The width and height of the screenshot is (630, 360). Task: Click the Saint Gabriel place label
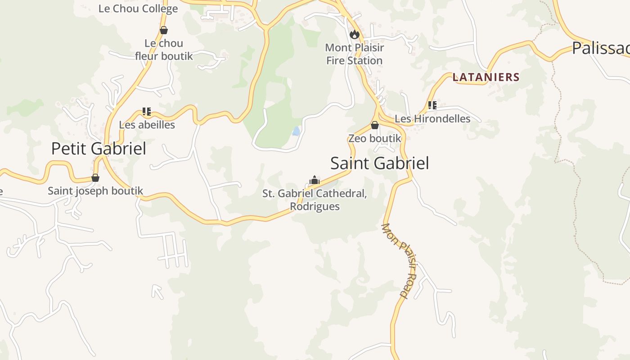point(379,163)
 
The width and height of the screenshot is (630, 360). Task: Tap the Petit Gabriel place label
point(99,148)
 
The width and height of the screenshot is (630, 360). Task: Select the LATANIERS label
point(486,77)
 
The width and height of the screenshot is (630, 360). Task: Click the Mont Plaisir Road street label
point(400,261)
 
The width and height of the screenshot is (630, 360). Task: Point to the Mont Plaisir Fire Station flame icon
point(355,34)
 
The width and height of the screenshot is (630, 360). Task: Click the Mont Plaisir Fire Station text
point(354,54)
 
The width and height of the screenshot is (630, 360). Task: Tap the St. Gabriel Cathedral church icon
point(314,180)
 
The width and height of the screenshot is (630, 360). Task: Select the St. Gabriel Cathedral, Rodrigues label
point(315,200)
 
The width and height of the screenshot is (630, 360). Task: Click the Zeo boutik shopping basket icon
point(374,125)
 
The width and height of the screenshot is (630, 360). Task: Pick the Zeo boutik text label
point(374,138)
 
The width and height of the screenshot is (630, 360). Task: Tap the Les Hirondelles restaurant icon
point(432,106)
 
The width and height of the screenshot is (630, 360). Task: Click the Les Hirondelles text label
point(432,119)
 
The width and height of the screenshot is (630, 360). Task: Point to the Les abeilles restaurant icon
point(146,111)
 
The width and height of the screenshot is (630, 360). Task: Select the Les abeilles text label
point(147,125)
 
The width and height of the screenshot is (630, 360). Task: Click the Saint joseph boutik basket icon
point(95,178)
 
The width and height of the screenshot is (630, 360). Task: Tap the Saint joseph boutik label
point(95,191)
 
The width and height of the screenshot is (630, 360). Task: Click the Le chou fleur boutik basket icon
point(164,30)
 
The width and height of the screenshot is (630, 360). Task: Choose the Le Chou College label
point(138,9)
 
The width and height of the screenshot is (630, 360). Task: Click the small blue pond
point(296,131)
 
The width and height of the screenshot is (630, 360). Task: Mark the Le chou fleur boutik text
point(164,49)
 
